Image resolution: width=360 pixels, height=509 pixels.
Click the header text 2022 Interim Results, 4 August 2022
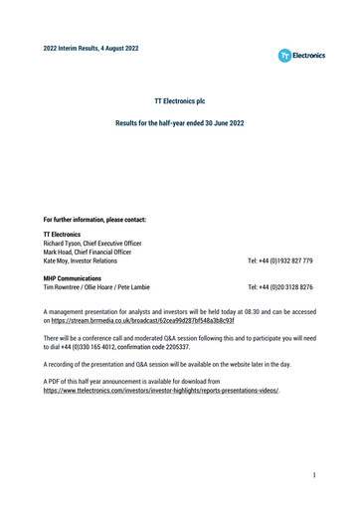(91, 48)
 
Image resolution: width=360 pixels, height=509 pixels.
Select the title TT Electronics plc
(180, 101)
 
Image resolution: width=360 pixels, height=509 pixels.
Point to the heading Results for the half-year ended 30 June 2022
(180, 123)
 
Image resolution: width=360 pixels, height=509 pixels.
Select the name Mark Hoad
(59, 253)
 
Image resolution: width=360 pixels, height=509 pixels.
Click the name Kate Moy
(56, 261)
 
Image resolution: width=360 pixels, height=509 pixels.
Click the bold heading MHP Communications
(73, 279)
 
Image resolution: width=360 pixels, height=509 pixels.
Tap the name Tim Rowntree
(64, 287)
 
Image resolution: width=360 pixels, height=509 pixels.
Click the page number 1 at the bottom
(312, 475)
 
